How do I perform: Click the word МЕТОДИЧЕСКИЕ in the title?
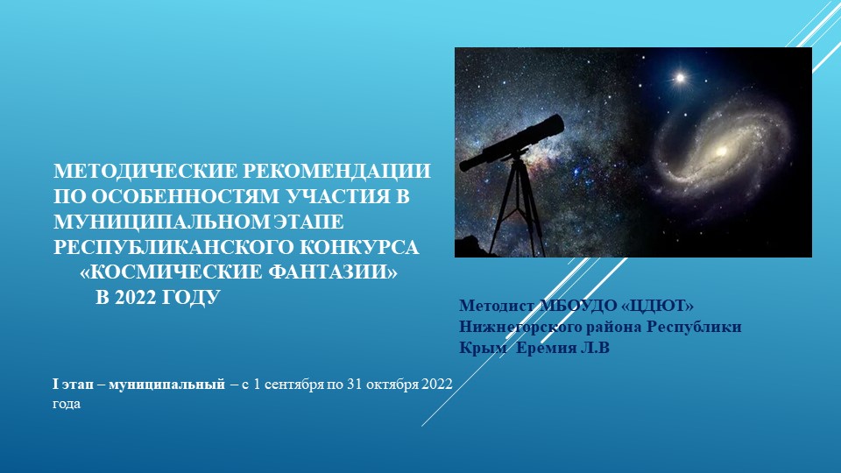139,171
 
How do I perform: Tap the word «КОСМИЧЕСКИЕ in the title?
167,273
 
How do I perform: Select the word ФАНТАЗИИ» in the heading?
329,273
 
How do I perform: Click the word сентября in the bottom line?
295,385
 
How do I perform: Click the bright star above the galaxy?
679,78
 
